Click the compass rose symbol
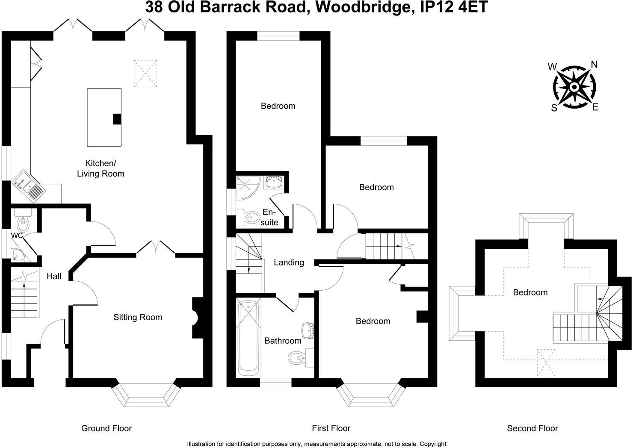pos(573,87)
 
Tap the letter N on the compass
pos(594,65)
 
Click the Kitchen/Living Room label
pos(101,168)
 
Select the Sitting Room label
pos(138,317)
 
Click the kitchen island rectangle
pos(104,117)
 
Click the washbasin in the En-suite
pos(273,183)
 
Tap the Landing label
pos(289,262)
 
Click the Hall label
pos(54,277)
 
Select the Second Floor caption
pos(532,428)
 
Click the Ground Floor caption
pos(106,428)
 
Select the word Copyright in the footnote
pos(433,444)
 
